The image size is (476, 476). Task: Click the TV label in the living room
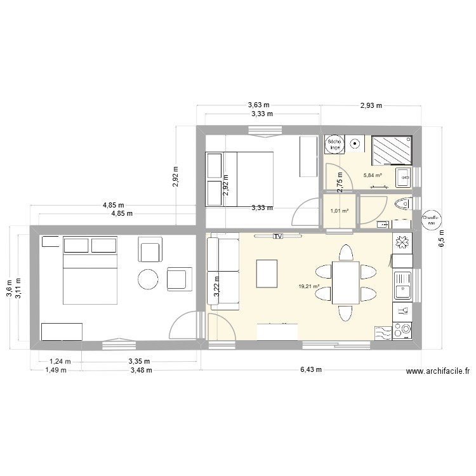tap(277, 236)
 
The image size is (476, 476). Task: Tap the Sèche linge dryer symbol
tap(335, 145)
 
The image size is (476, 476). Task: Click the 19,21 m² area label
tap(308, 286)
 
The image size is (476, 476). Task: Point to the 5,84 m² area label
tap(373, 176)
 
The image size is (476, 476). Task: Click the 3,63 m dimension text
tap(258, 106)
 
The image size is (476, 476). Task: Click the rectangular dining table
tap(343, 283)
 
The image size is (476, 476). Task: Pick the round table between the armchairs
tap(149, 279)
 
